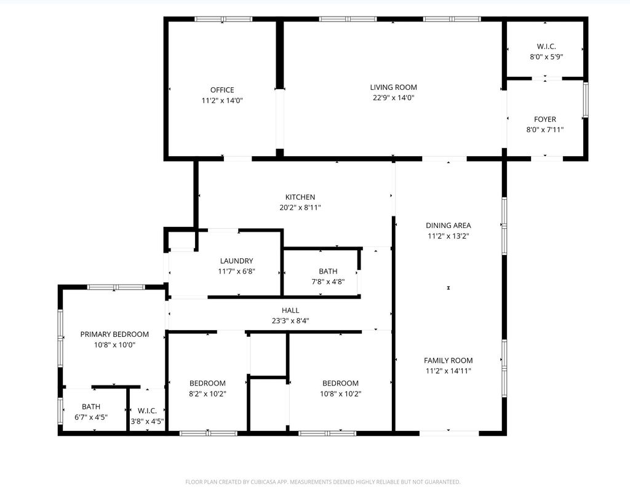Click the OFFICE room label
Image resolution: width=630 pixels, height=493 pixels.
222,90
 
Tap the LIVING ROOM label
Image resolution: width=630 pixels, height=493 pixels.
393,87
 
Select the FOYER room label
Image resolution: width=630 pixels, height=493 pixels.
544,119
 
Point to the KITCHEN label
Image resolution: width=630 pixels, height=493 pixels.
300,197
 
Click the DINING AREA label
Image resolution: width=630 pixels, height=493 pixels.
449,226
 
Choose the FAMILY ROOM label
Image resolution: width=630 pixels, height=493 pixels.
449,361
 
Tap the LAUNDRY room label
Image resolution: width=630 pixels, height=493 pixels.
236,261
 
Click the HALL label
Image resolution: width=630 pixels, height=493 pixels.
290,310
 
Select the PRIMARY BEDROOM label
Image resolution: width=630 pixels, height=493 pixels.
114,334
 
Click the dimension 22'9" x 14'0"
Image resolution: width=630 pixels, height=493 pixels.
393,98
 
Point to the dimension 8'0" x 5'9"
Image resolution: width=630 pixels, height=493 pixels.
546,57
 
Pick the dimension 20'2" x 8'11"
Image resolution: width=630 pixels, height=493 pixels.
300,208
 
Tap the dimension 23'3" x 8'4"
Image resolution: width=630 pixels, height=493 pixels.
290,320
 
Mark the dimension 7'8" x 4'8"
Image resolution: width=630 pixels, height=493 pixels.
328,282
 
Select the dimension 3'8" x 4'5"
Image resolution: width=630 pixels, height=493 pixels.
147,421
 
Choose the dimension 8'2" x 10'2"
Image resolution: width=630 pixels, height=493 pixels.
207,394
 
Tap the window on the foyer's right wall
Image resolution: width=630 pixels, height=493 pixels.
586,100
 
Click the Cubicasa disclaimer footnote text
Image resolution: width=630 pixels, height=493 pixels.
322,482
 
